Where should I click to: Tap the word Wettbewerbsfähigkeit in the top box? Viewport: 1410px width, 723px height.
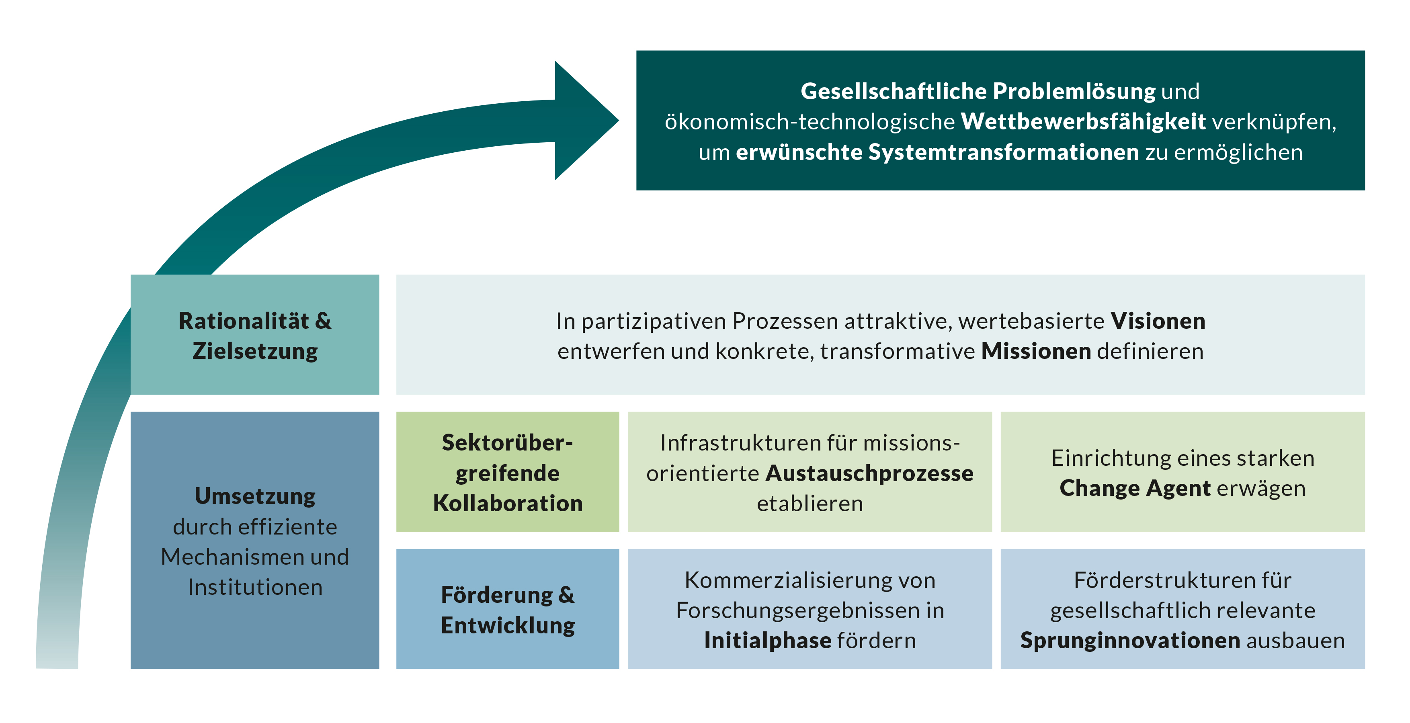[1083, 121]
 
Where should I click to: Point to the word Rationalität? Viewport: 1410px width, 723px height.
[244, 321]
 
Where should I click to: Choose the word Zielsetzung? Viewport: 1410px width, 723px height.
[255, 351]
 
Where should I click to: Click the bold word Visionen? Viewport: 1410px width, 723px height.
[1158, 321]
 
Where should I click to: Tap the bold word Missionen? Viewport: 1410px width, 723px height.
[1036, 351]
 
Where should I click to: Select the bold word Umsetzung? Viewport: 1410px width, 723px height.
[255, 496]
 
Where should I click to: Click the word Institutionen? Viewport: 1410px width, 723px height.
[255, 587]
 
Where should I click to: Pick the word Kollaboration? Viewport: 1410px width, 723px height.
[508, 504]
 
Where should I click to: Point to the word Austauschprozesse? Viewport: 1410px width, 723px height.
[869, 473]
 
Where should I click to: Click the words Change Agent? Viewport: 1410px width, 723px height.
[1135, 488]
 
